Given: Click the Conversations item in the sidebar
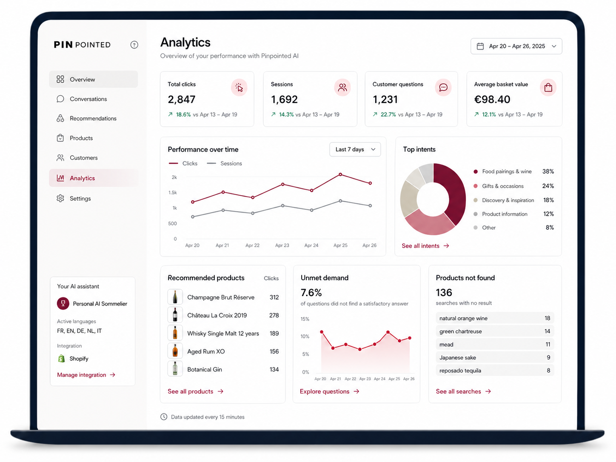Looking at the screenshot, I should coord(88,99).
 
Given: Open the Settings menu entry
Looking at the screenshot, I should coord(80,199).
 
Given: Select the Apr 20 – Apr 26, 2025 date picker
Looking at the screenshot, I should coord(516,46).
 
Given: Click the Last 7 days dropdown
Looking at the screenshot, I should coord(355,149).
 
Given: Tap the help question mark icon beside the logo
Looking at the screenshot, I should coord(134,45).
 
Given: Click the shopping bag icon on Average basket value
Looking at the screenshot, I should coord(548,88).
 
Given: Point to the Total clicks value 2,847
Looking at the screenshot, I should coord(182,100).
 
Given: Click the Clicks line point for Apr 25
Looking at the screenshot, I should coord(340,174).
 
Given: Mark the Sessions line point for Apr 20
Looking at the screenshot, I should coord(193,217).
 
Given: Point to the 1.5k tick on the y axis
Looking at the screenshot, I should coord(173,193).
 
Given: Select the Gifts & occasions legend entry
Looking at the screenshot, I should coord(502,186).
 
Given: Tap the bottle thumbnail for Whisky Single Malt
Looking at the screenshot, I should coord(175,333).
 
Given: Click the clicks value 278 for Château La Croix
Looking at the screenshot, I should coord(274,316).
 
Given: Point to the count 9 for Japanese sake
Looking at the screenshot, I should coord(548,358).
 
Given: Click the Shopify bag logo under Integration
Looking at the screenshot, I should coord(61,359).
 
